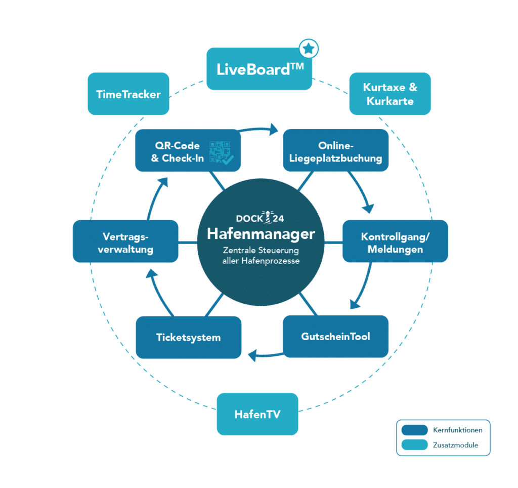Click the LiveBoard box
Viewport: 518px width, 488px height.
260,69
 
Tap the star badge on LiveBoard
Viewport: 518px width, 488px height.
309,49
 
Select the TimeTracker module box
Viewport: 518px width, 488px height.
128,94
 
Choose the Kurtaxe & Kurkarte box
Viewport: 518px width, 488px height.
390,94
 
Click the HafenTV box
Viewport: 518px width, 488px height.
257,414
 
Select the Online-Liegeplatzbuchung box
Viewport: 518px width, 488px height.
336,150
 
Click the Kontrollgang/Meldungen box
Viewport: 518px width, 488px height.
395,241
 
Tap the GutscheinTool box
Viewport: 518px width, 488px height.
336,337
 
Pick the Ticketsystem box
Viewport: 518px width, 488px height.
189,337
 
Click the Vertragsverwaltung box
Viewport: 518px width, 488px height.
125,241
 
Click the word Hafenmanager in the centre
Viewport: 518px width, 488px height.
261,234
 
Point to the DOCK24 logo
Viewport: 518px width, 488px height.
260,217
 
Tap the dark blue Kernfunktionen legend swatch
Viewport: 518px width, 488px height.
415,430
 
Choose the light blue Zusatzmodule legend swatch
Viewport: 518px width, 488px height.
415,444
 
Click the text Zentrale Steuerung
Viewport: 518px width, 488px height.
261,250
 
